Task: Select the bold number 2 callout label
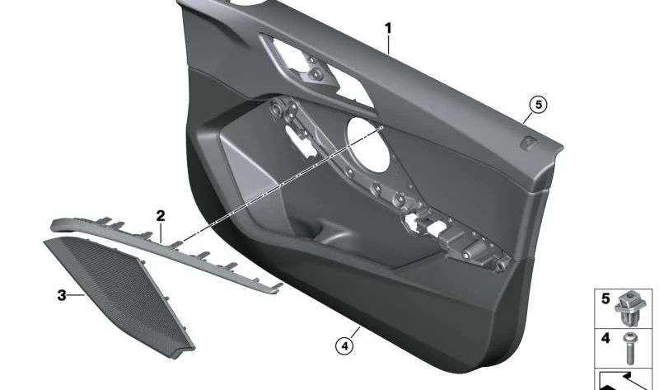click(x=161, y=216)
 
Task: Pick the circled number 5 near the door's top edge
click(x=537, y=104)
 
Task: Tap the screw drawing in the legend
click(x=630, y=346)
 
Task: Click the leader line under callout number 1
click(x=390, y=43)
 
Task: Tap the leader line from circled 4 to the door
click(x=349, y=331)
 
